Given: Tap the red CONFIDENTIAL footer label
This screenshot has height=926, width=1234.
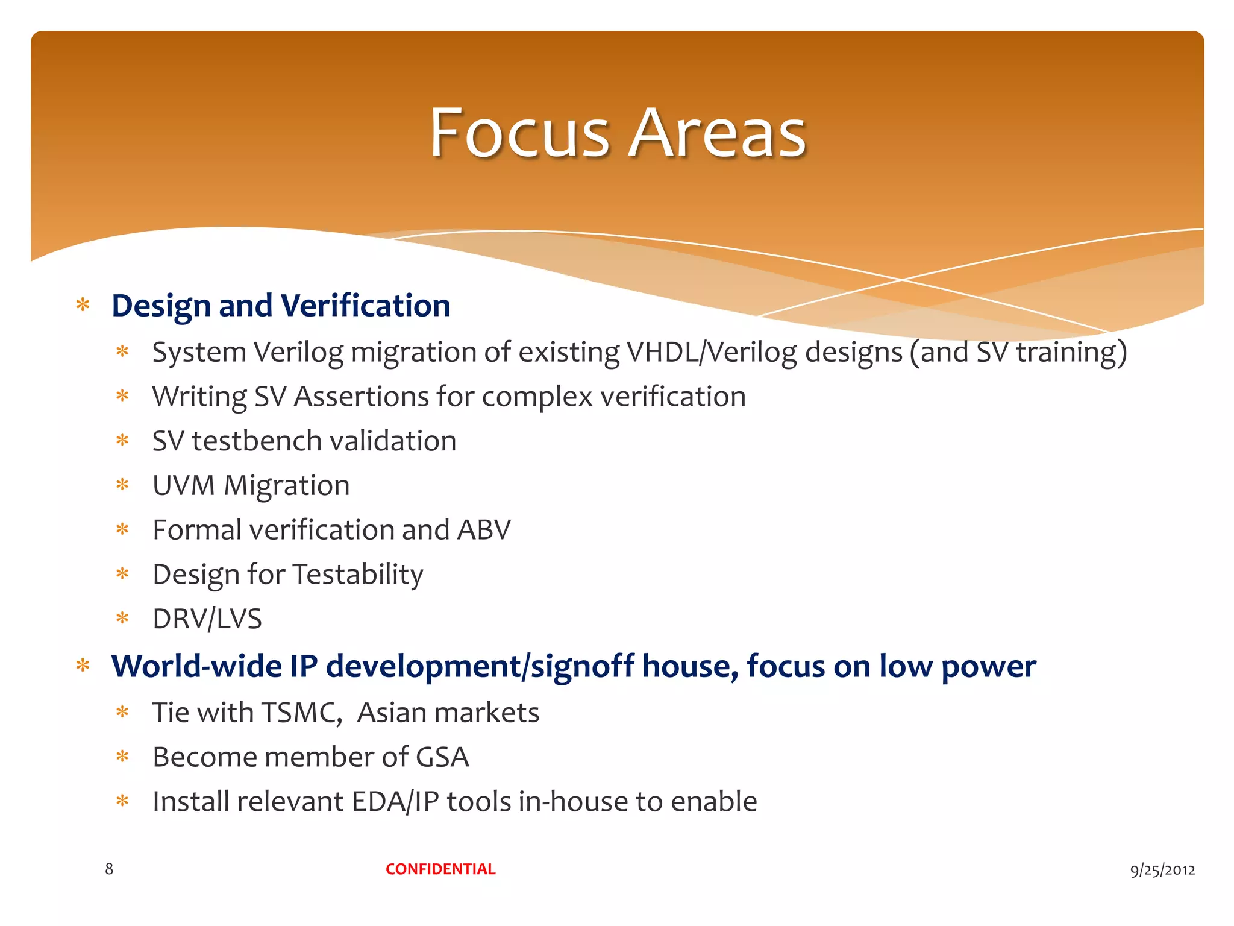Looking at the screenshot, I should (440, 869).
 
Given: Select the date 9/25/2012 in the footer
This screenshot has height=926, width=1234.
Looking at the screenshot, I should (1162, 869).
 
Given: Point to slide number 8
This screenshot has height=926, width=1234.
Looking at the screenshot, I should (109, 869).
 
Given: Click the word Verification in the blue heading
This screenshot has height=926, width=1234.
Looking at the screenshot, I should (365, 306).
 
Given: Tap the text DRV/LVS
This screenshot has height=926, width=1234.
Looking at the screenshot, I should (207, 619).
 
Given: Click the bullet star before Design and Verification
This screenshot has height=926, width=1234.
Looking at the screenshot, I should (83, 304).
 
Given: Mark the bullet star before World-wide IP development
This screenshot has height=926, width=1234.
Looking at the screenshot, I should (83, 666).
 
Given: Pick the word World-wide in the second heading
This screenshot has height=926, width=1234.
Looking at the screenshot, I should (196, 666).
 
